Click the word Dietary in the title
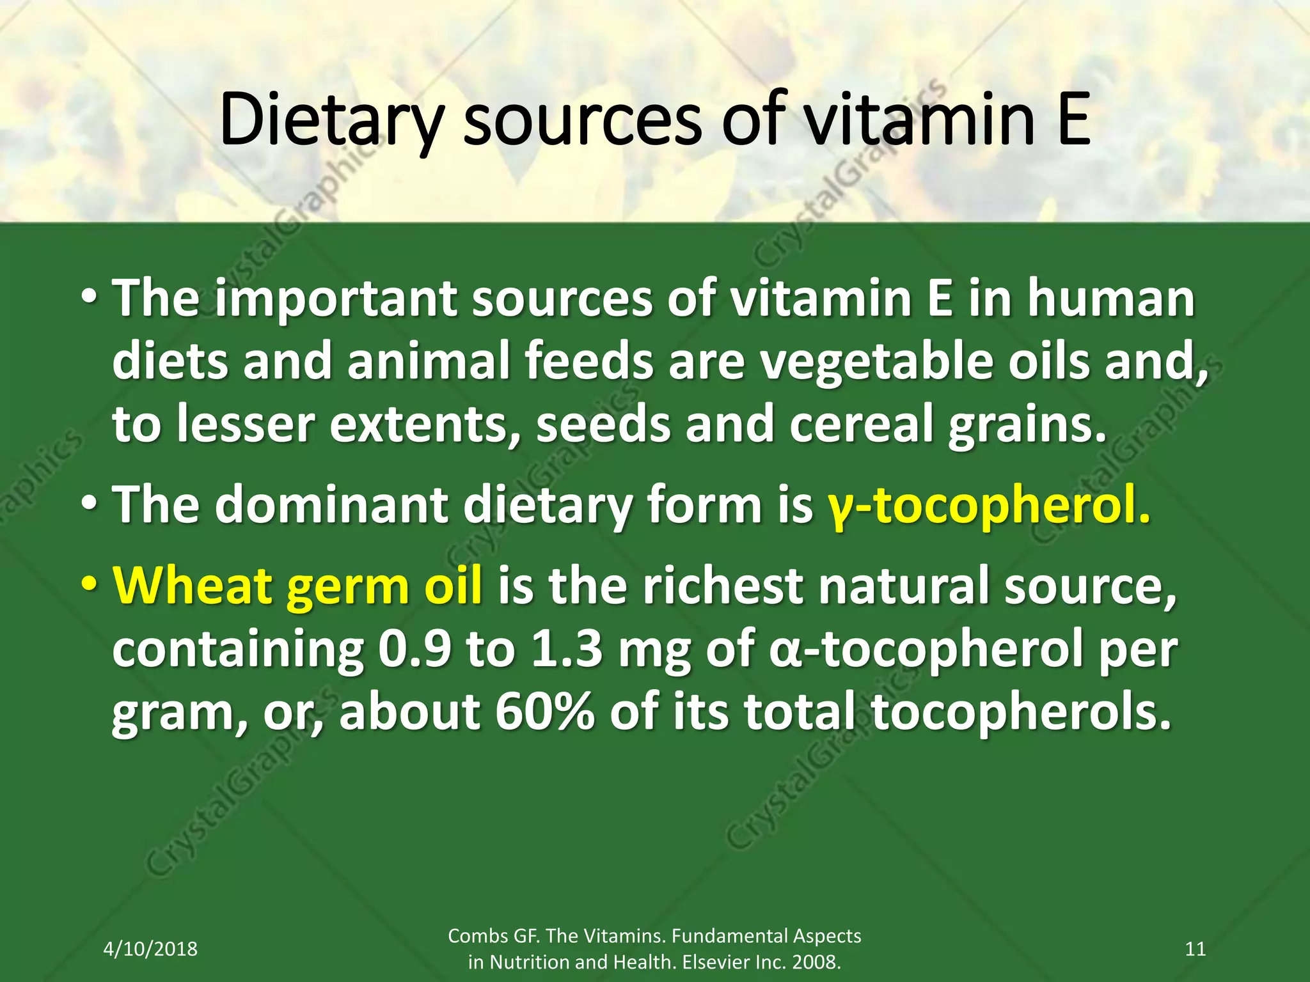point(330,120)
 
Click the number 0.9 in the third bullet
point(414,650)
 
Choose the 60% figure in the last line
point(544,713)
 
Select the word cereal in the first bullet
point(861,425)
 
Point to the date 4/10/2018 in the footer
point(150,949)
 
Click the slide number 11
point(1196,949)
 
